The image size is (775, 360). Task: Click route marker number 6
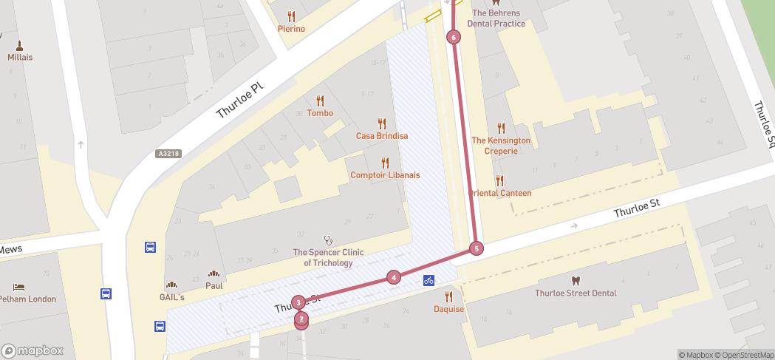[x=454, y=37]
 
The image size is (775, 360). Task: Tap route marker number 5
[x=477, y=248]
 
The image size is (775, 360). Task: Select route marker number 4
[x=394, y=277]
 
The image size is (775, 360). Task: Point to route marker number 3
[x=298, y=302]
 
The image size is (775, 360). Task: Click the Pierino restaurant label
[x=291, y=29]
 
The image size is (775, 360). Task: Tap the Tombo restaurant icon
[x=320, y=101]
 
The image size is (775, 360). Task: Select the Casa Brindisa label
[x=381, y=136]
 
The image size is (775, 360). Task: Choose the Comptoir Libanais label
[x=384, y=175]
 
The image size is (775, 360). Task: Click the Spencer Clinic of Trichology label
[x=328, y=257]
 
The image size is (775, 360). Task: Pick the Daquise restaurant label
[x=448, y=309]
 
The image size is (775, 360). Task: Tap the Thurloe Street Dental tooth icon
[x=576, y=280]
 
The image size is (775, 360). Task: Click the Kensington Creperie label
[x=501, y=145]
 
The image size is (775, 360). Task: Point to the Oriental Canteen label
[x=502, y=193]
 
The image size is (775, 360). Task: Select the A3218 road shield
[x=168, y=154]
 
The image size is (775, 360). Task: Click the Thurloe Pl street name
[x=239, y=101]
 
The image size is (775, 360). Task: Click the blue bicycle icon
[x=429, y=280]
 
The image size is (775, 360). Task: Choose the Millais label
[x=20, y=57]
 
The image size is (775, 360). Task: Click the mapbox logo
[x=33, y=350]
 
